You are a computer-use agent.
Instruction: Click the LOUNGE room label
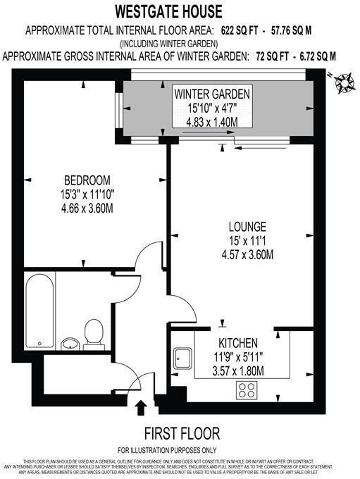pos(247,227)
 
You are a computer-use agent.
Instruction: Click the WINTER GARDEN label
pos(212,94)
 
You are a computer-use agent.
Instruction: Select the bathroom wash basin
pos(70,344)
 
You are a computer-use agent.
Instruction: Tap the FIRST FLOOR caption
pos(182,433)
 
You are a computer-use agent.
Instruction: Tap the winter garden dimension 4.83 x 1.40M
pos(212,121)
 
